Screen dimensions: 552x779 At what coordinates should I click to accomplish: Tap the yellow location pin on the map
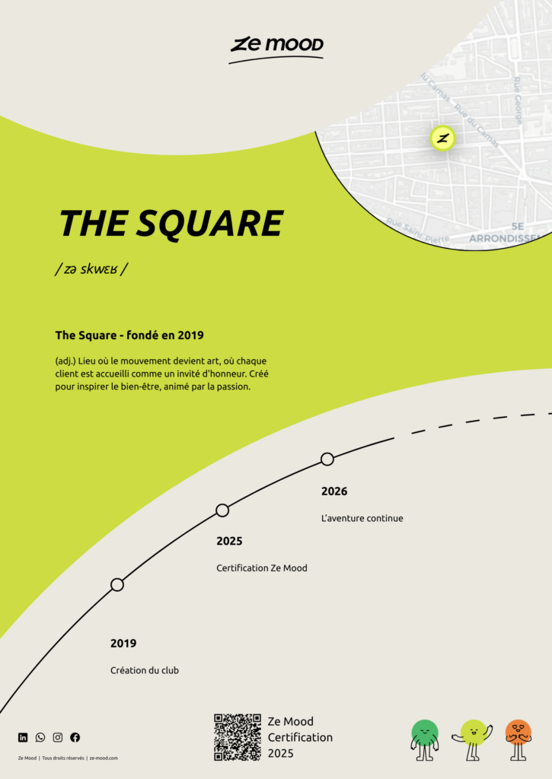pyautogui.click(x=442, y=138)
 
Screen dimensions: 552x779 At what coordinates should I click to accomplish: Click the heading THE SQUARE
pyautogui.click(x=171, y=223)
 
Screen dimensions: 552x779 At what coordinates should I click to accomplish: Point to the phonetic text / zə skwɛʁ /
pyautogui.click(x=91, y=269)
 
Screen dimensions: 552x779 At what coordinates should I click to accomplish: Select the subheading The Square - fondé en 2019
pyautogui.click(x=129, y=335)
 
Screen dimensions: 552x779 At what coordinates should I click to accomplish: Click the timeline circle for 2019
pyautogui.click(x=116, y=584)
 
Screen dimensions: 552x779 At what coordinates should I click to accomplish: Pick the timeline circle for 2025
pyautogui.click(x=222, y=510)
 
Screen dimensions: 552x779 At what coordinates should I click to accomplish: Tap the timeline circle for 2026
pyautogui.click(x=327, y=459)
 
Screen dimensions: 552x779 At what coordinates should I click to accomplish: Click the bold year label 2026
pyautogui.click(x=334, y=491)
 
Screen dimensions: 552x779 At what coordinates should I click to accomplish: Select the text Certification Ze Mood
pyautogui.click(x=262, y=568)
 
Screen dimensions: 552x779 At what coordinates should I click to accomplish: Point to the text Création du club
pyautogui.click(x=145, y=670)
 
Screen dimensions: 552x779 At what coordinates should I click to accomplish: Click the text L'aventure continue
pyautogui.click(x=362, y=519)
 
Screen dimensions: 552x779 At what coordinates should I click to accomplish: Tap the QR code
pyautogui.click(x=238, y=737)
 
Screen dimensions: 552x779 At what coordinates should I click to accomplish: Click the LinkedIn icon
pyautogui.click(x=23, y=737)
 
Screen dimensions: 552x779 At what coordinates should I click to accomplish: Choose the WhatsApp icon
pyautogui.click(x=40, y=737)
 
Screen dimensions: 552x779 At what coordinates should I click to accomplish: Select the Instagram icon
pyautogui.click(x=58, y=737)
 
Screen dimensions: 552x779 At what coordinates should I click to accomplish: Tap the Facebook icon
pyautogui.click(x=75, y=737)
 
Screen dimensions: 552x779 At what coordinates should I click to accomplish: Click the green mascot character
pyautogui.click(x=425, y=739)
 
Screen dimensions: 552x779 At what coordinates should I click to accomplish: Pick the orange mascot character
pyautogui.click(x=518, y=739)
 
